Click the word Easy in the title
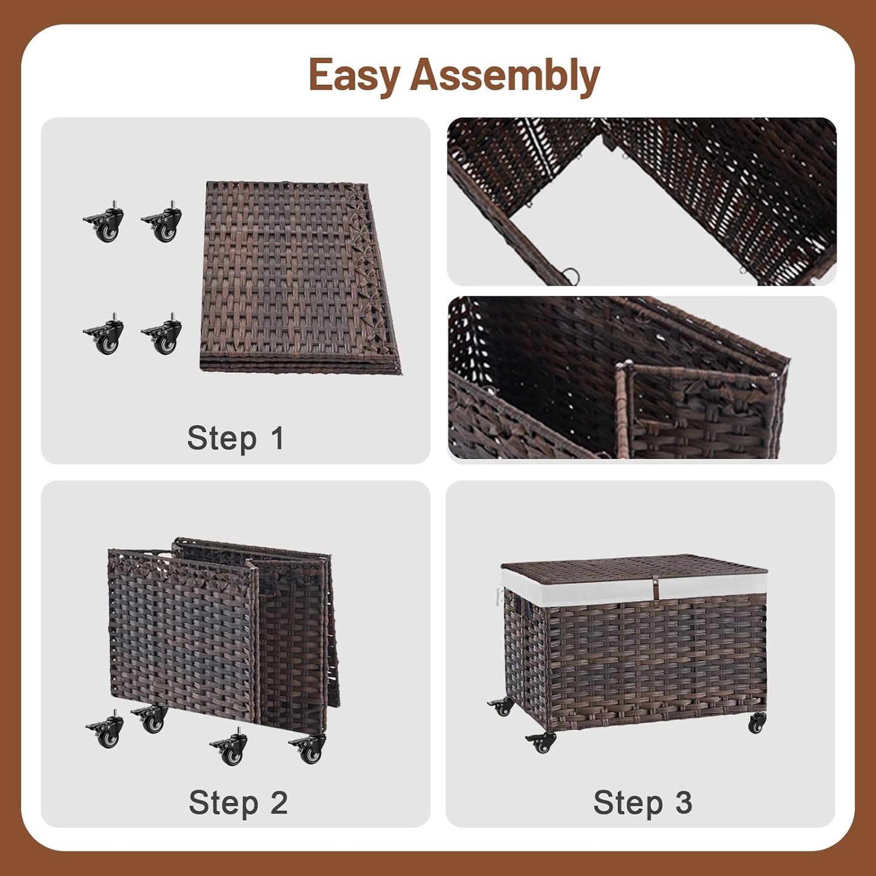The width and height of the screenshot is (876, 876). click(x=355, y=76)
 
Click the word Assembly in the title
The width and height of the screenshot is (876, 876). click(x=505, y=76)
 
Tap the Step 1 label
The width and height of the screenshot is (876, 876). click(x=235, y=438)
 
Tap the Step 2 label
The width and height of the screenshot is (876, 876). click(x=238, y=803)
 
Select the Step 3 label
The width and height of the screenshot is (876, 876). click(x=643, y=803)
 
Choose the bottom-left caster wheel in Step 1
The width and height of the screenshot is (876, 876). click(x=105, y=335)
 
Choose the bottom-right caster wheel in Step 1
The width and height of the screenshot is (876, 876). click(x=163, y=335)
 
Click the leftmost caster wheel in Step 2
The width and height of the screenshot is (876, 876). click(x=106, y=732)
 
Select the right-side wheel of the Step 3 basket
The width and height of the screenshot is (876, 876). click(x=757, y=722)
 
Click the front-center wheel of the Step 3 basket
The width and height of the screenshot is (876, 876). click(x=541, y=741)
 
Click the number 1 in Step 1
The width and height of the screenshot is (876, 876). click(x=278, y=438)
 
